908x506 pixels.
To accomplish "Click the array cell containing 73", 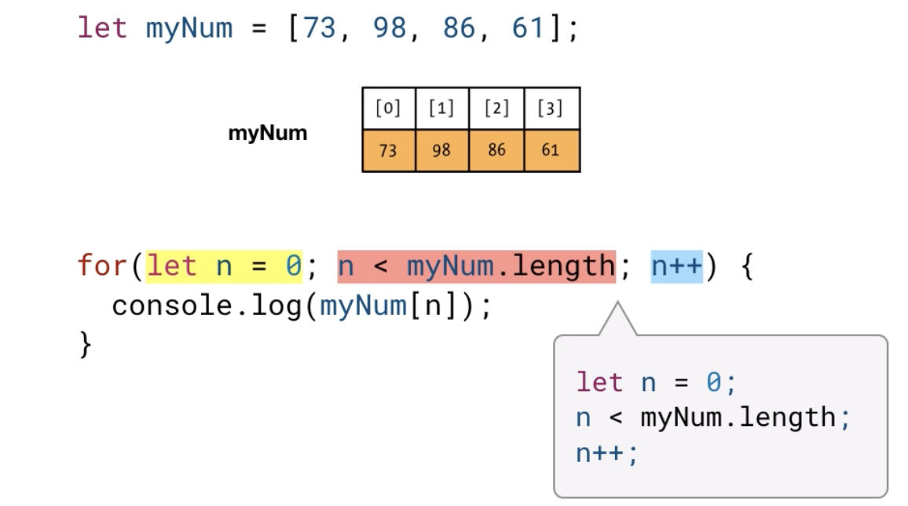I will tap(388, 150).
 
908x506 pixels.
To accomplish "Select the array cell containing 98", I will tap(441, 150).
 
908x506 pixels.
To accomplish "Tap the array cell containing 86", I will tap(496, 150).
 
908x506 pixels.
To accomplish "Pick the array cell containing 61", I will tap(551, 150).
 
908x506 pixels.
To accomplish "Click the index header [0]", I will tap(388, 108).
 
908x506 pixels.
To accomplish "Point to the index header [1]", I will tap(441, 108).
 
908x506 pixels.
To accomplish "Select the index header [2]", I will tap(496, 108).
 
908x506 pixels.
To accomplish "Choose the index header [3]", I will tap(551, 108).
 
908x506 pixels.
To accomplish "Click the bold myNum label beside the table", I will tap(268, 134).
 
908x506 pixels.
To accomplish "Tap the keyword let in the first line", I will tap(102, 28).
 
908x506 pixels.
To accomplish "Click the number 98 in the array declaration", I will tap(390, 28).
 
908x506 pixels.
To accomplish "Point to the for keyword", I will tap(102, 266).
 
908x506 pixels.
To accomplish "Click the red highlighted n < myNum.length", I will tap(476, 266).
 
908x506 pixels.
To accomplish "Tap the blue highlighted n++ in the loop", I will tap(676, 266).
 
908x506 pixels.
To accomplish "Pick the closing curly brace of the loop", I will tap(86, 344).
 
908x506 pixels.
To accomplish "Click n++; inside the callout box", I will tap(607, 453).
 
